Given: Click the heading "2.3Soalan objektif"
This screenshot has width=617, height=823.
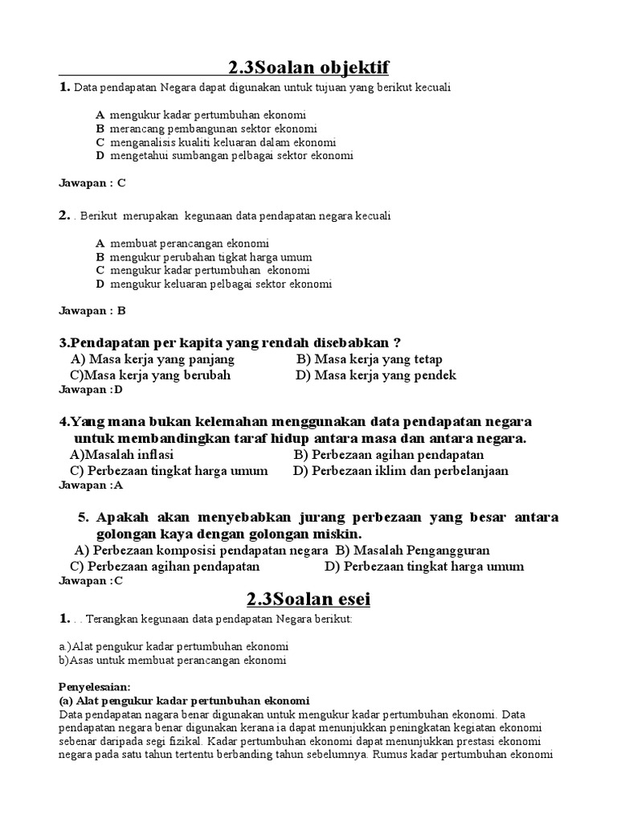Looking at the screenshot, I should pyautogui.click(x=308, y=67).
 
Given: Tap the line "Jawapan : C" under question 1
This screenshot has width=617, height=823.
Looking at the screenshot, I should pyautogui.click(x=92, y=182).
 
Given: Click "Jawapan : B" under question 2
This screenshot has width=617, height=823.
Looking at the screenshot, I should pyautogui.click(x=92, y=310).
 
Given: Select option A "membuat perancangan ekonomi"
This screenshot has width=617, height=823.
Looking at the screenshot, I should pyautogui.click(x=190, y=243).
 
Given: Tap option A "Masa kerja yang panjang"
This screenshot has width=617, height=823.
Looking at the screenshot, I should pyautogui.click(x=153, y=359).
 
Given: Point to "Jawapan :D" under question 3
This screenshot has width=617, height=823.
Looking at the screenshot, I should pyautogui.click(x=91, y=390).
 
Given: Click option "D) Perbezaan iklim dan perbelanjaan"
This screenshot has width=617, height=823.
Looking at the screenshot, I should pyautogui.click(x=401, y=471).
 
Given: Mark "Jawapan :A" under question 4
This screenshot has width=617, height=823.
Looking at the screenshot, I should pyautogui.click(x=91, y=485).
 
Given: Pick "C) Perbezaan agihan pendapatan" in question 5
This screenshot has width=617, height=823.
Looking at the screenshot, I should pyautogui.click(x=165, y=566).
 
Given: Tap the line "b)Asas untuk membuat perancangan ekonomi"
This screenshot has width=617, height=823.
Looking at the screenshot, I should pyautogui.click(x=172, y=661).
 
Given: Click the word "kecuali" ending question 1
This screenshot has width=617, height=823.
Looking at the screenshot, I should pyautogui.click(x=433, y=87).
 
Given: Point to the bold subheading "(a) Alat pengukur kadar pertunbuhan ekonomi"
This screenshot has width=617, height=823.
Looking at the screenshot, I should pyautogui.click(x=184, y=700).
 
